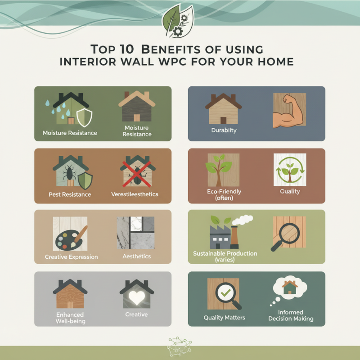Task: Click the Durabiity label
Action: click(224, 130)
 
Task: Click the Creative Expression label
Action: click(72, 257)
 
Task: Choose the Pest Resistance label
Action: click(70, 194)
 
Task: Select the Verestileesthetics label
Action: click(135, 194)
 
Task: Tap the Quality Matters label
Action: click(225, 317)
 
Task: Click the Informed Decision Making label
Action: click(291, 315)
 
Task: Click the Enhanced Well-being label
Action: click(71, 318)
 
